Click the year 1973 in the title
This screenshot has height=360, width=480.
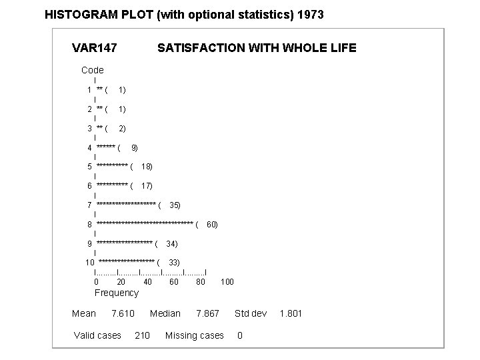pos(309,14)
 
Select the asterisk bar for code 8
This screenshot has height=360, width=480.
pos(145,225)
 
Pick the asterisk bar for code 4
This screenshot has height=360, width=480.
pos(106,147)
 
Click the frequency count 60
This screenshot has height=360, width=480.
pos(212,225)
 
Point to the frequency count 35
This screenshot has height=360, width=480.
pos(175,205)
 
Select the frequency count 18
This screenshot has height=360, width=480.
pos(147,167)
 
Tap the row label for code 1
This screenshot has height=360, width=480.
pos(89,89)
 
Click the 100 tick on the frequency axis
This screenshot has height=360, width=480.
pos(227,282)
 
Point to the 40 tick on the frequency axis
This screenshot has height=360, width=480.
pos(147,282)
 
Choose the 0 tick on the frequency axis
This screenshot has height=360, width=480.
pos(96,282)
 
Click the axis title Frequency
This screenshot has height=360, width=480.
pos(117,293)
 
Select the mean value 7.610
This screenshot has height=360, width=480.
pos(123,313)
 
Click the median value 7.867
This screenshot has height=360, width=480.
pos(207,313)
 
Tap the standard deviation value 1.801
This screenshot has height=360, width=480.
pos(291,313)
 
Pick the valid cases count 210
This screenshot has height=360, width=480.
pos(142,335)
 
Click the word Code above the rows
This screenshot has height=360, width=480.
pos(93,70)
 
